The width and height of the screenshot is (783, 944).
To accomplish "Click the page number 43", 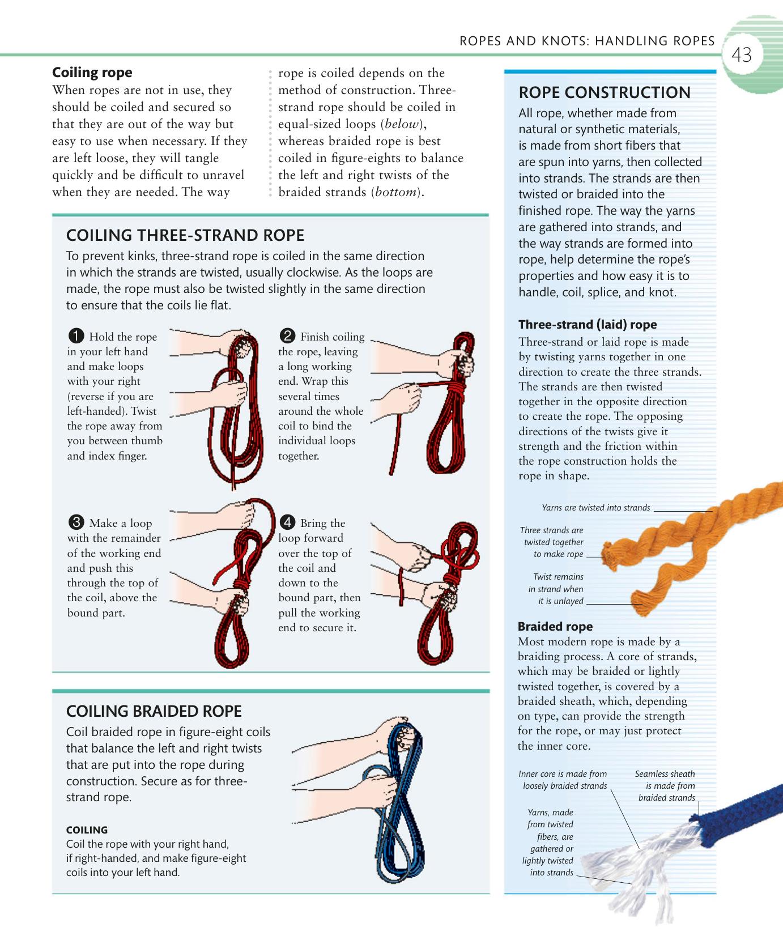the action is [x=742, y=55].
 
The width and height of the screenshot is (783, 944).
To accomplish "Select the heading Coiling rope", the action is [x=92, y=73].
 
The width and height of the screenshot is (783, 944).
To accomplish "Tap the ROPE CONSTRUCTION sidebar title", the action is [x=605, y=92].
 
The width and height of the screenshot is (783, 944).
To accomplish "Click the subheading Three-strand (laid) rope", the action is [x=588, y=325].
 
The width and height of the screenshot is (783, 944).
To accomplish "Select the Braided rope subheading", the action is [x=555, y=627].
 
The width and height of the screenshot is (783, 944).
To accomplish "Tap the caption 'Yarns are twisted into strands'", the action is [x=595, y=508].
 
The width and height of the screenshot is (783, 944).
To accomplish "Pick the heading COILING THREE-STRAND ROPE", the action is [x=185, y=235].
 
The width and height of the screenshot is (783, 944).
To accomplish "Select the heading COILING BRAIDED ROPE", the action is [x=154, y=711].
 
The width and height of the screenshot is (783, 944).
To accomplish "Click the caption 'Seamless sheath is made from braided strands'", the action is [x=665, y=785].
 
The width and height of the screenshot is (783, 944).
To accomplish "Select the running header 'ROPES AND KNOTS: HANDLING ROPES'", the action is [x=587, y=41].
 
